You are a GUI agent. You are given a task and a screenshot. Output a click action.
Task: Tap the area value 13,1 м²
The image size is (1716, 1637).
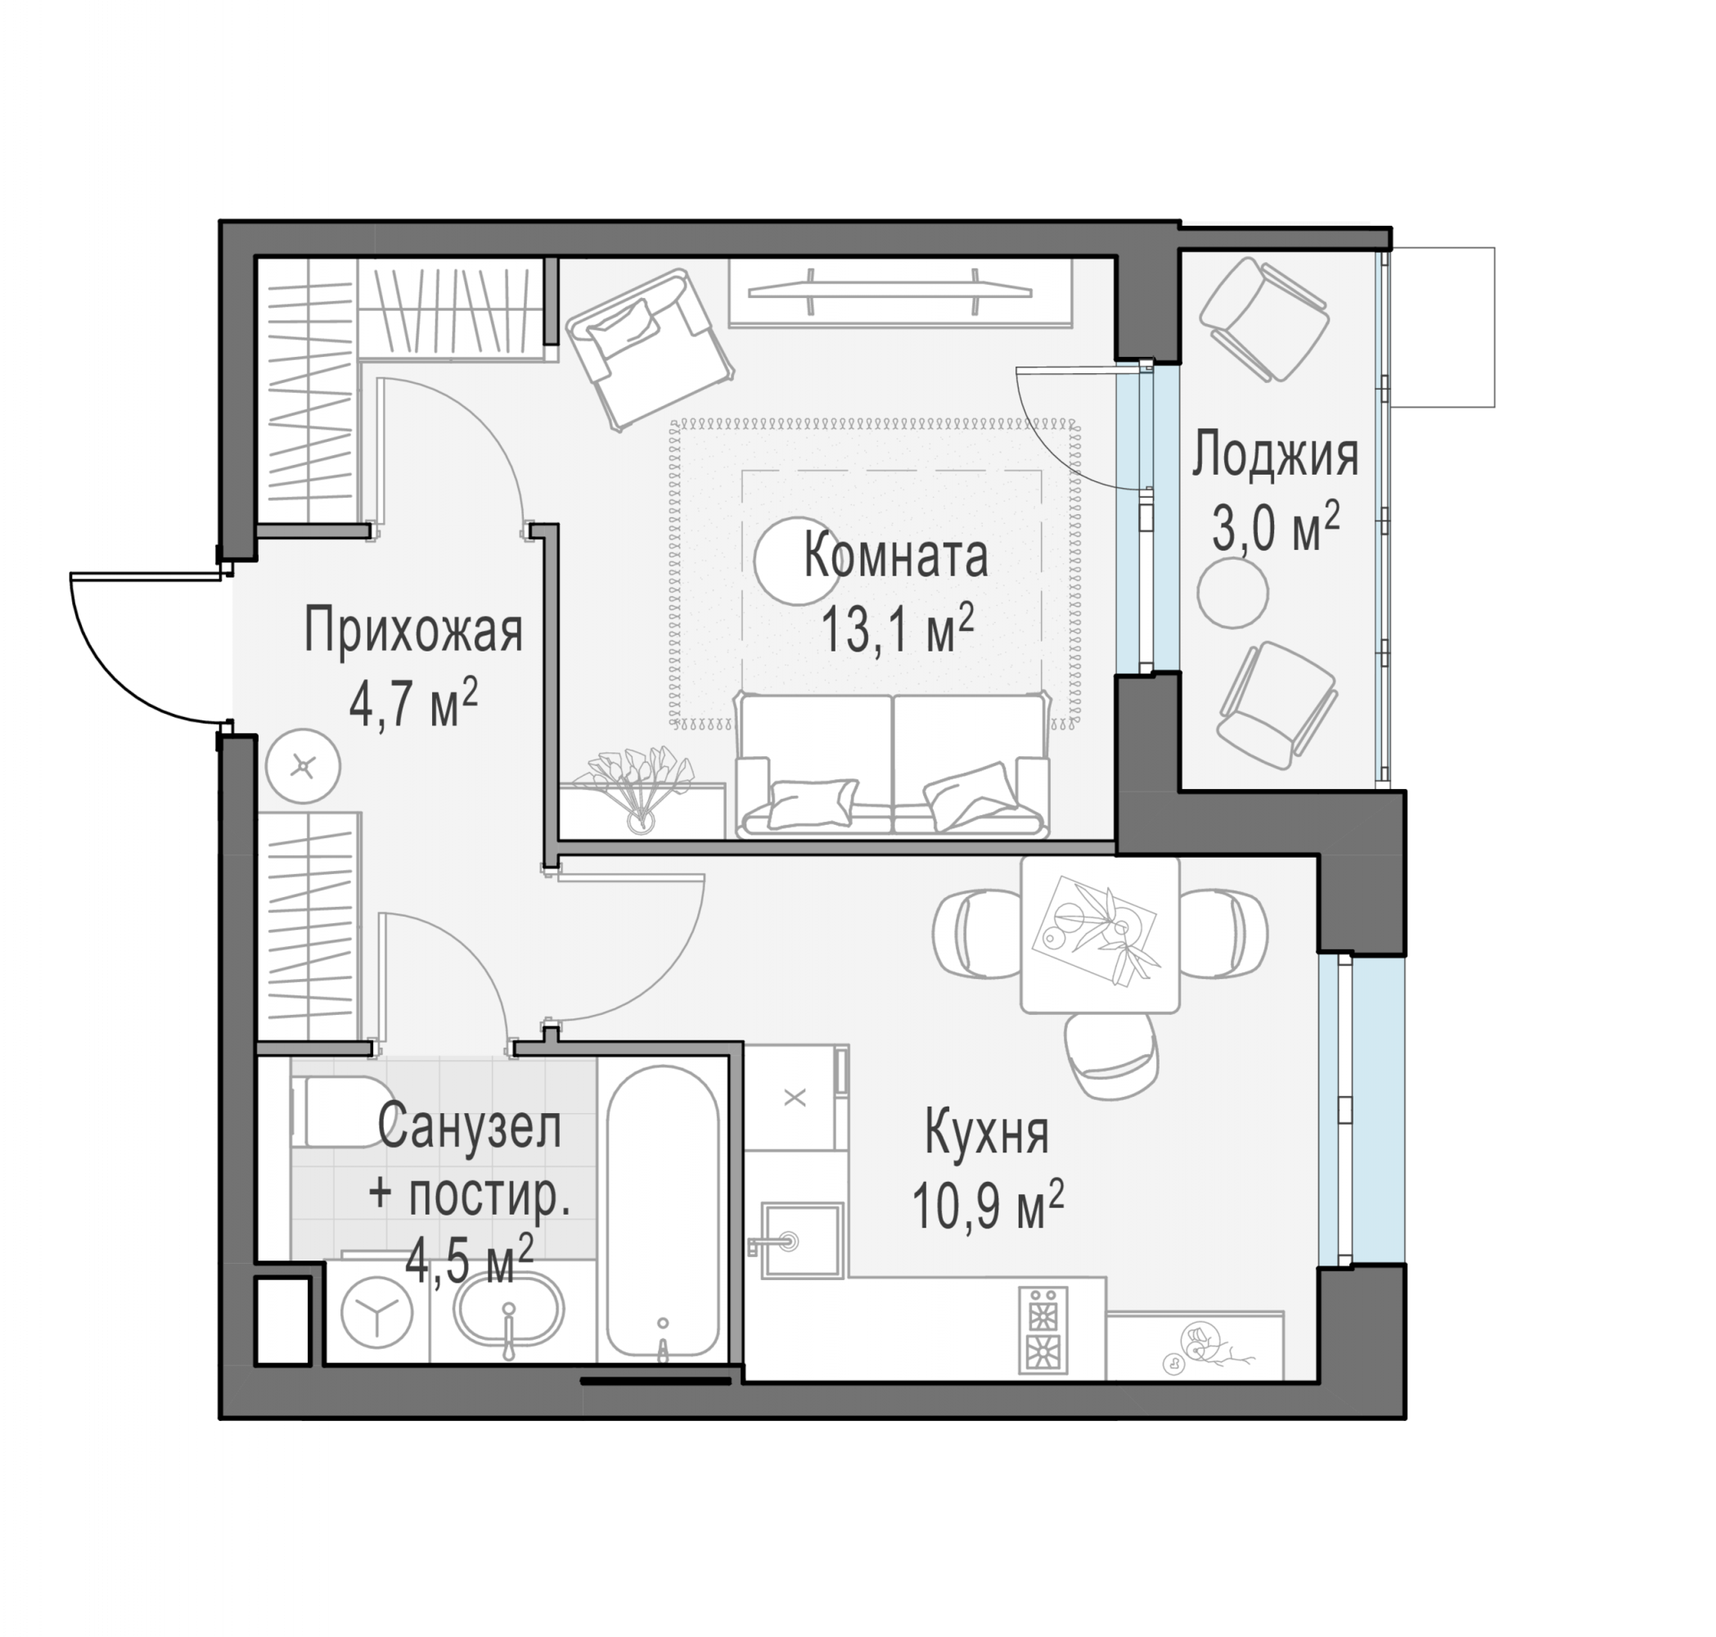[x=898, y=630]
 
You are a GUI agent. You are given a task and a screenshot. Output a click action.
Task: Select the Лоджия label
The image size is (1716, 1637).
[x=1276, y=456]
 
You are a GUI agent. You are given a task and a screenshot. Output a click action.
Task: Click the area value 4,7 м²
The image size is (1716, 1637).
[x=412, y=704]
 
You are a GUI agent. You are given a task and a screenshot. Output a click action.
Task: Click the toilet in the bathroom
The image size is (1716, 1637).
[x=340, y=1112]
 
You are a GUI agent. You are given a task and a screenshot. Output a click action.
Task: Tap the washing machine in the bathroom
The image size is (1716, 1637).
[x=377, y=1311]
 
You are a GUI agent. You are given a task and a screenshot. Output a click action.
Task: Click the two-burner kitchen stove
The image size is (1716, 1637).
[x=1043, y=1330]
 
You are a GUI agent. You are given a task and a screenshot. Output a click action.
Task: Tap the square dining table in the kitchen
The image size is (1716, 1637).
[x=1100, y=935]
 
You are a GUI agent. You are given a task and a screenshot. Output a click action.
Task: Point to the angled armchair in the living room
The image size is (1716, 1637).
[x=649, y=349]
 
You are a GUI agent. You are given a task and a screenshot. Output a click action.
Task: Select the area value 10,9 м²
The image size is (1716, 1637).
[x=988, y=1205]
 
